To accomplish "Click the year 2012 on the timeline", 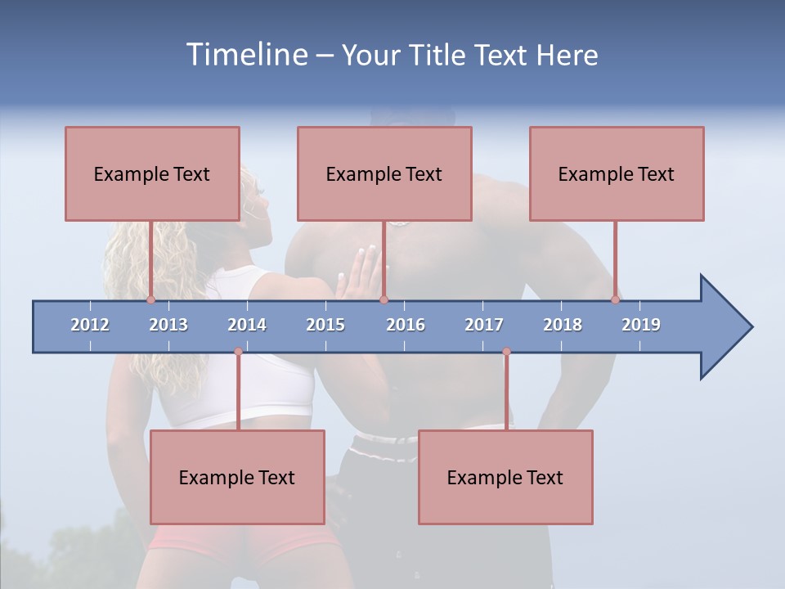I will (90, 325).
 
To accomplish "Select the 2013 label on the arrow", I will (168, 325).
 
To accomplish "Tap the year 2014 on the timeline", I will (247, 325).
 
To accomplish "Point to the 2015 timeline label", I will (325, 325).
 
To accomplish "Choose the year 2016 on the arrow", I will (406, 325).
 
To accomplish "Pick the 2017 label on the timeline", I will (484, 325).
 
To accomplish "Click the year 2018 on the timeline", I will (563, 325).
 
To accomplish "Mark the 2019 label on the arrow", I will (641, 325).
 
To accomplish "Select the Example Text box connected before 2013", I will (152, 173).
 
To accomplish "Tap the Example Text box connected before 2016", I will (384, 173).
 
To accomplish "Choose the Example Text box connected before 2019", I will (617, 173).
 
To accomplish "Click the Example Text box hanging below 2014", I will (237, 477).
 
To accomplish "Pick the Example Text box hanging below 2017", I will (505, 477).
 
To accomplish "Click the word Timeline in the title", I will (245, 55).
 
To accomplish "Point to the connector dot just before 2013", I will (150, 300).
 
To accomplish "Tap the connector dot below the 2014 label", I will (238, 352).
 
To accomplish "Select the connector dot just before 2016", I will (384, 300).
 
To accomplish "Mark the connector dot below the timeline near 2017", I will (506, 352).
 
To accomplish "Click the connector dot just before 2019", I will (615, 300).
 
